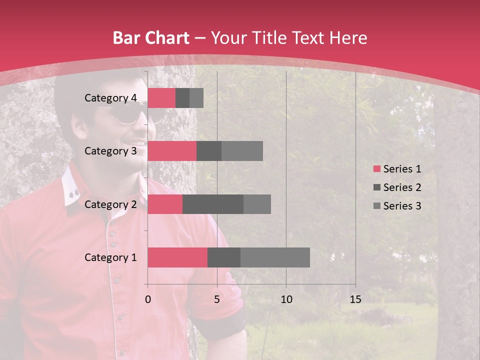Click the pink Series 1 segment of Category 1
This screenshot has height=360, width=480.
tap(177, 257)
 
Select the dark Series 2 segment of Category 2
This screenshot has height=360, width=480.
tap(213, 204)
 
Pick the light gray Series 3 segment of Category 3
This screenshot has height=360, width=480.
tap(242, 151)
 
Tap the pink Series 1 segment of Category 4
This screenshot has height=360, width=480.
tap(161, 98)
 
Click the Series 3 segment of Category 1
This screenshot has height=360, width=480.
tap(275, 257)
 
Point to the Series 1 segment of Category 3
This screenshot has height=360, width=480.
tap(172, 151)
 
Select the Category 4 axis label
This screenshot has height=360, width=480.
tap(110, 98)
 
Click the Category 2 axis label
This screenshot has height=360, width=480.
tap(110, 204)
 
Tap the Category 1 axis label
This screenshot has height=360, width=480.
tap(110, 257)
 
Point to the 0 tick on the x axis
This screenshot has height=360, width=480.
tap(148, 299)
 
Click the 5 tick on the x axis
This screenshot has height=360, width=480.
tap(217, 299)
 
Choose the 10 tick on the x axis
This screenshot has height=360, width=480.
tap(286, 299)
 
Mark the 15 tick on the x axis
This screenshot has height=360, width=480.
tap(355, 299)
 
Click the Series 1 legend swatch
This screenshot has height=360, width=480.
tap(376, 169)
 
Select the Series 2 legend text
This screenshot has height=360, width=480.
tap(402, 187)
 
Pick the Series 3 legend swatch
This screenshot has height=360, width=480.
tap(376, 206)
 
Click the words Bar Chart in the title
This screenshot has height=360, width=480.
tap(150, 38)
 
